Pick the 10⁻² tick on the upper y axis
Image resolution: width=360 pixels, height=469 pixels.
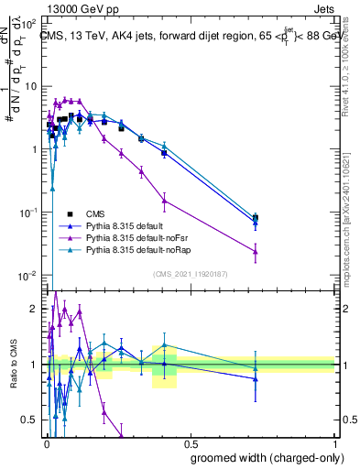30,276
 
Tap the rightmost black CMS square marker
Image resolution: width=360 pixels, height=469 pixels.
256,218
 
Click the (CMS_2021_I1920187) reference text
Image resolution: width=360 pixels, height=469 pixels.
190,272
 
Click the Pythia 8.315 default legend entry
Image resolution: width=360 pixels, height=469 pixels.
127,223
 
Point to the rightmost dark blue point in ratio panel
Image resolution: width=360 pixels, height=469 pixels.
256,377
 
